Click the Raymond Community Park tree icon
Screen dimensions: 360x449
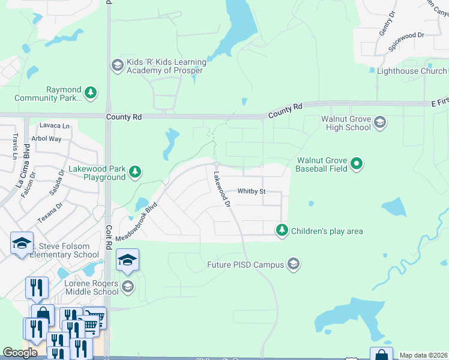(91, 92)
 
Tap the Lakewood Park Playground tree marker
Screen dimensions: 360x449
(136, 172)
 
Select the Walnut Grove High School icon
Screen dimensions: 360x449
(379, 122)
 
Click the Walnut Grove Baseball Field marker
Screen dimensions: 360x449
(357, 163)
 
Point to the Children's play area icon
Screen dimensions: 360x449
(282, 230)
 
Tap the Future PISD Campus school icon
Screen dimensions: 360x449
(293, 263)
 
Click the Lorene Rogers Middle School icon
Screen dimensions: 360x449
(127, 287)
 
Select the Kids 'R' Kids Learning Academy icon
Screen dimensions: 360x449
(117, 65)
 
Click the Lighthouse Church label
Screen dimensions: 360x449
(411, 71)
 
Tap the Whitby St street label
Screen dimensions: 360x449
(251, 191)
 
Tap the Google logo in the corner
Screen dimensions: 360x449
(20, 352)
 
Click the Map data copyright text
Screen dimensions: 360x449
(423, 355)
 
